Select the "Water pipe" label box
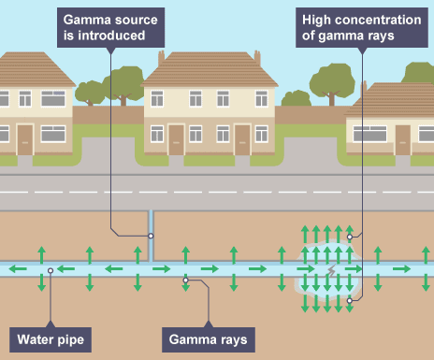[x=51, y=339]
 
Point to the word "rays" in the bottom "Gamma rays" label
[x=233, y=339]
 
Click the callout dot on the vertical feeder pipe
[x=151, y=236]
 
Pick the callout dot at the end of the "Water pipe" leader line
[x=51, y=270]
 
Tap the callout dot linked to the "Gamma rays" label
[x=185, y=281]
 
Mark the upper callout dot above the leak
[x=350, y=237]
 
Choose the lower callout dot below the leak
[x=350, y=300]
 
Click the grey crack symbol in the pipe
[x=332, y=270]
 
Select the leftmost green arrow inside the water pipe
[x=18, y=268]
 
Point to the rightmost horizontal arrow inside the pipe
[x=401, y=268]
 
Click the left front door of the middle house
[x=176, y=140]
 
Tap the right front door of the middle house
[x=242, y=140]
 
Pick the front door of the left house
[x=25, y=140]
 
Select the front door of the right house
[x=403, y=140]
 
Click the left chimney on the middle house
[x=161, y=58]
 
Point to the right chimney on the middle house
[x=257, y=58]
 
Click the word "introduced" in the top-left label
[x=111, y=36]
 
